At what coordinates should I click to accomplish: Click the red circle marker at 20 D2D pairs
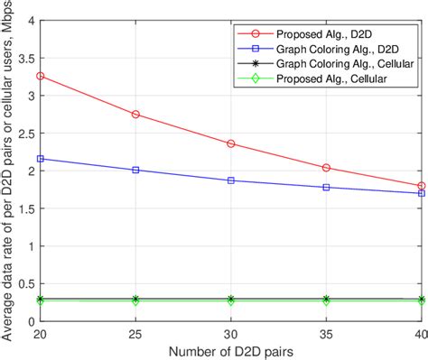pos(41,76)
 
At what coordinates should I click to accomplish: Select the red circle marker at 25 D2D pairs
pos(135,115)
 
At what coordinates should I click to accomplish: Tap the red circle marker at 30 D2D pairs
pos(231,143)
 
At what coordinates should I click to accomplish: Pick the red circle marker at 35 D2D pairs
pos(326,168)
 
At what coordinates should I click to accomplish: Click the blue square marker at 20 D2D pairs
pos(41,159)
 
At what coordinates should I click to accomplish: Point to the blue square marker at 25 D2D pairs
pos(135,170)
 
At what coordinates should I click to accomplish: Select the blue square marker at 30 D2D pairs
pos(231,180)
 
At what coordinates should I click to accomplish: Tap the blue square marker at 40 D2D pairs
pos(421,193)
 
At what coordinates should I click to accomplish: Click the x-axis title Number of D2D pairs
pos(231,350)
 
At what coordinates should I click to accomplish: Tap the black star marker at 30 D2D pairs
pos(231,299)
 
